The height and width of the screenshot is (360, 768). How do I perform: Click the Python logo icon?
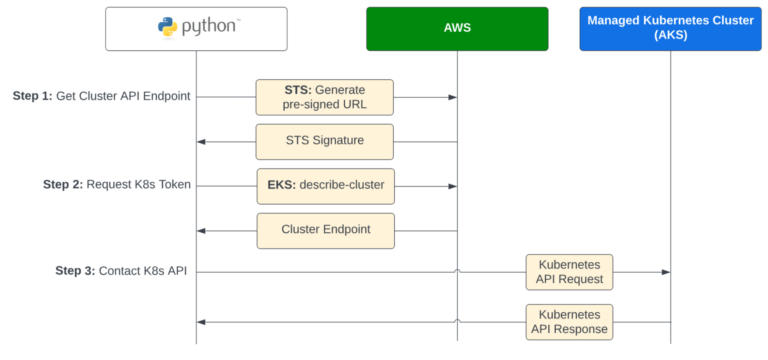(x=167, y=27)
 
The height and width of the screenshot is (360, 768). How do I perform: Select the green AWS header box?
(x=456, y=28)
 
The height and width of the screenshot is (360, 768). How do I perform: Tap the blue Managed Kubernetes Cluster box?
(x=670, y=28)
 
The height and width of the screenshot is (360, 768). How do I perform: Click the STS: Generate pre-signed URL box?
(x=324, y=97)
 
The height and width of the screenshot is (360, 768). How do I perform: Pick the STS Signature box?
(x=324, y=141)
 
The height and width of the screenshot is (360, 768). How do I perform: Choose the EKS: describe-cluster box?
(x=324, y=185)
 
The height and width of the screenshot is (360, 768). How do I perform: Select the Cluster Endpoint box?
(x=325, y=230)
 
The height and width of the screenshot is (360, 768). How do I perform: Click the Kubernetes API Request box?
(x=569, y=271)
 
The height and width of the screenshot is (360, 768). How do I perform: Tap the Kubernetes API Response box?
(x=569, y=321)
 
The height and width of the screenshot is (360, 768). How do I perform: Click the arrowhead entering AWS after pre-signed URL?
(x=452, y=97)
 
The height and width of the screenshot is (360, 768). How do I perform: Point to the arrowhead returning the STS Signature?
(x=202, y=141)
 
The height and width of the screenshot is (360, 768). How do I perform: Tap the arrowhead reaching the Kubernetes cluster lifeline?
(x=665, y=271)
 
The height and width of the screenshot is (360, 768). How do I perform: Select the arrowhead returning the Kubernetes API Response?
(x=202, y=321)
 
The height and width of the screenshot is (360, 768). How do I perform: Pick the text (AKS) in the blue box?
(x=670, y=35)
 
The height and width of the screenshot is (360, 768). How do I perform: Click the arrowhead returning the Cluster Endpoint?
(x=202, y=230)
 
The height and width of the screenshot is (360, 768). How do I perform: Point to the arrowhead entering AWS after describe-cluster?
(x=452, y=185)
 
